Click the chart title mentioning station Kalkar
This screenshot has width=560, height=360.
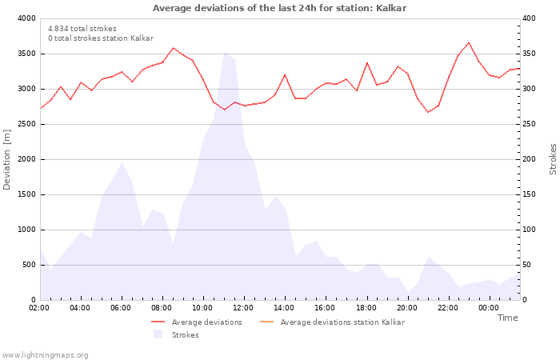point(279,8)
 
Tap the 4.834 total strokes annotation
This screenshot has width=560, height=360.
point(82,28)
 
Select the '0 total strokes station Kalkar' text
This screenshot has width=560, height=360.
point(100,38)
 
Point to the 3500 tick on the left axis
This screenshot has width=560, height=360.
point(26,54)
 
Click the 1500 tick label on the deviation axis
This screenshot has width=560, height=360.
point(26,194)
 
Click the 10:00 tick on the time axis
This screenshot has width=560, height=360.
point(203,307)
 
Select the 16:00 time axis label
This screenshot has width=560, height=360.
point(326,307)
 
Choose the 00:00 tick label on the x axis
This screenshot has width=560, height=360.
point(489,307)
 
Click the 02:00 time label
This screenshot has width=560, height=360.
point(40,307)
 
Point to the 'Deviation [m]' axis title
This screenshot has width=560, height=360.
point(7,159)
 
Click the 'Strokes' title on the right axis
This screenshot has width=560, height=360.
point(553,159)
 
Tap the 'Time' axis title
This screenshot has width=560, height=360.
point(507,318)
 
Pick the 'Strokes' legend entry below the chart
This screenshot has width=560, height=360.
point(185,334)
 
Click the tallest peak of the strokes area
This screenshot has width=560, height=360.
point(224,54)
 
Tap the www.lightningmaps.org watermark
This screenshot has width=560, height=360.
point(45,354)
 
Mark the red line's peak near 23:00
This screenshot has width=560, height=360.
point(469,42)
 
